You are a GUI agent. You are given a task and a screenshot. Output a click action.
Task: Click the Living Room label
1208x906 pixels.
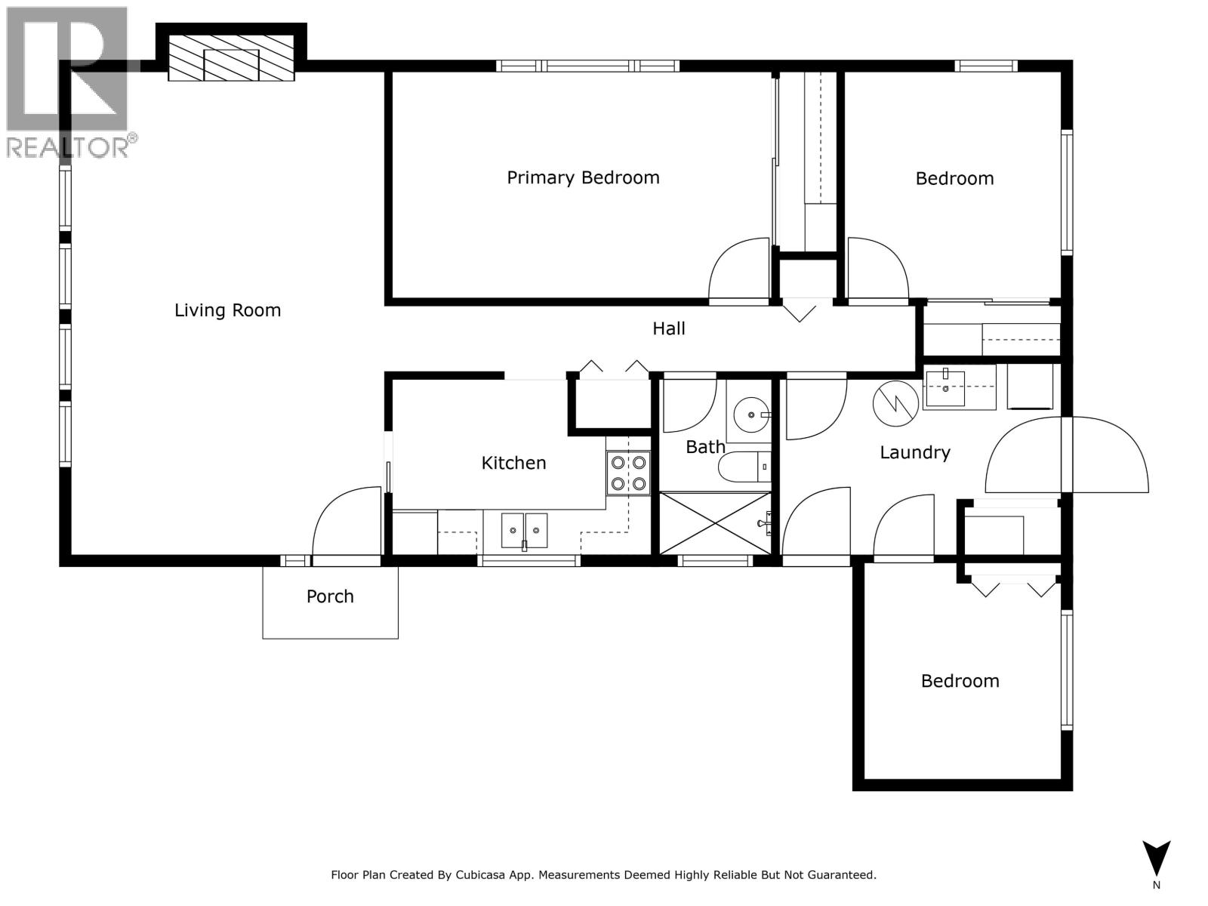[227, 310]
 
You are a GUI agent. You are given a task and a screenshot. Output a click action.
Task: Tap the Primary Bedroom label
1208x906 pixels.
[583, 177]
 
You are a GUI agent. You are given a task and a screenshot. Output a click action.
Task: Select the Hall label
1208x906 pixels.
[668, 328]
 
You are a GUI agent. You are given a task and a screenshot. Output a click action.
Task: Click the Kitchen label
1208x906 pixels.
[513, 463]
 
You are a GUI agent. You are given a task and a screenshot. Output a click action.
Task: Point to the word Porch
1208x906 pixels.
[330, 596]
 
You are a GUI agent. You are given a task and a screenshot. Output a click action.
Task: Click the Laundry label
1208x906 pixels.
[914, 452]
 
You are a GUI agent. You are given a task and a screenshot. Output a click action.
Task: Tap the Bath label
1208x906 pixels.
[704, 447]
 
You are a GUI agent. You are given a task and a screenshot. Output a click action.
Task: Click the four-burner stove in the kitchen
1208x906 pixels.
[628, 473]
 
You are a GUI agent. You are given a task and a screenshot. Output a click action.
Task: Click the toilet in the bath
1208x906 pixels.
[744, 467]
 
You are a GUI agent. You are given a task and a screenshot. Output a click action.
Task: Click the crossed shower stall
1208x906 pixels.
[713, 523]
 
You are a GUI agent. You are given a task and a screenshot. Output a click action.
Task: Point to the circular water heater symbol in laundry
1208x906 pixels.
[896, 402]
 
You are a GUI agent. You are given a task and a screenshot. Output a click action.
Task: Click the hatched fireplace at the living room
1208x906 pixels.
[231, 58]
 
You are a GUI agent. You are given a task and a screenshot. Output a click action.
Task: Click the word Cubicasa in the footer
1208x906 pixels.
[481, 875]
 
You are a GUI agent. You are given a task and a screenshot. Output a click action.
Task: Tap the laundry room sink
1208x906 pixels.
[945, 388]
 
